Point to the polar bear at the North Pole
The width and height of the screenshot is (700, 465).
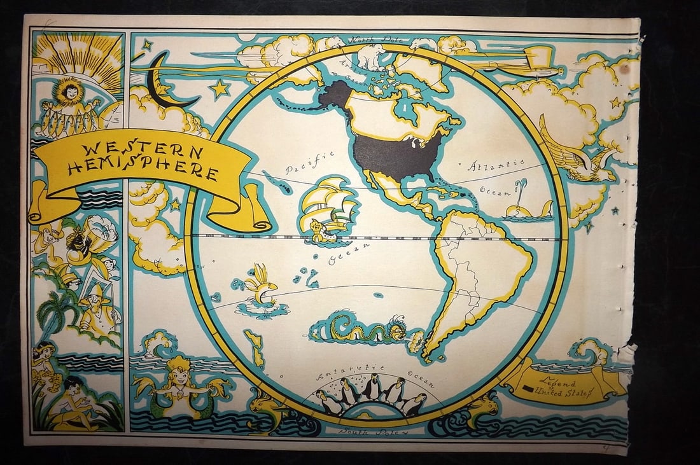click(372, 57)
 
